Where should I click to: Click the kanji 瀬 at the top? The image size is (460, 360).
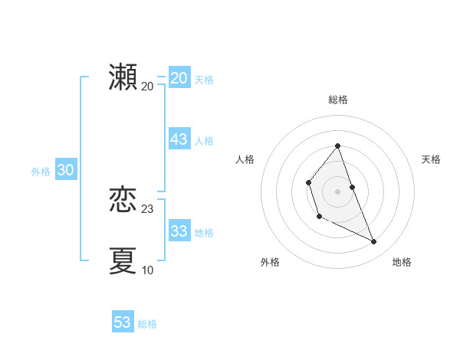[123, 77]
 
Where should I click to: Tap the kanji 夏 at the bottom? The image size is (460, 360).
[123, 260]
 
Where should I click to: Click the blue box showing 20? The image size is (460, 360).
[179, 78]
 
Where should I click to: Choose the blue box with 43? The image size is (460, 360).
[179, 139]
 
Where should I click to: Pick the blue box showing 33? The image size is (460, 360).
[179, 231]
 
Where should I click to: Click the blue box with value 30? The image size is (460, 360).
[65, 171]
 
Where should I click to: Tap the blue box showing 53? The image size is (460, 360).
[122, 322]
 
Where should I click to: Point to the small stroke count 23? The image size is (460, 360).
[148, 209]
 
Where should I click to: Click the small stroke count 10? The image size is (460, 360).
[148, 270]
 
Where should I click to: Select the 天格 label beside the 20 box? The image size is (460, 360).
[204, 79]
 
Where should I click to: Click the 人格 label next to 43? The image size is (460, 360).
[204, 140]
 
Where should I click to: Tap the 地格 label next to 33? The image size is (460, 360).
[204, 232]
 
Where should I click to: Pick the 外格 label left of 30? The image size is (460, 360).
[41, 172]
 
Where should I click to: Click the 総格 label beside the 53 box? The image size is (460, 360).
[147, 323]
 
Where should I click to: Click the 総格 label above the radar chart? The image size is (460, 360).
[338, 100]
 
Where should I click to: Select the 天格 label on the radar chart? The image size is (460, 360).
[432, 159]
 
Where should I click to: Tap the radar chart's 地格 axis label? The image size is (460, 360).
[402, 262]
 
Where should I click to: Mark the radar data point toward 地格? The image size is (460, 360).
[374, 242]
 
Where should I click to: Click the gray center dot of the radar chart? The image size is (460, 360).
[338, 191]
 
